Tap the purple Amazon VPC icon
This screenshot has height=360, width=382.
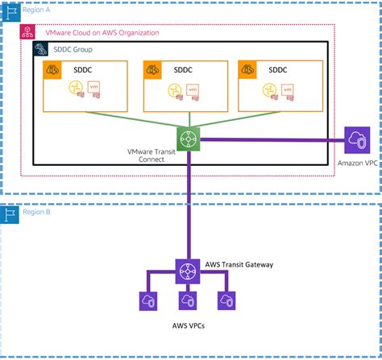pos(355,139)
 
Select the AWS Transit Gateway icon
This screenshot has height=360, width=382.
pos(188,271)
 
